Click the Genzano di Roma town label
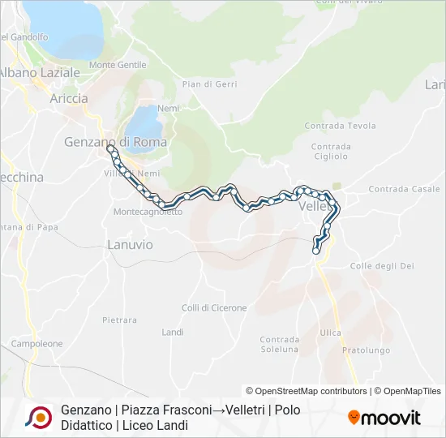(115, 142)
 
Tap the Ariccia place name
(69, 98)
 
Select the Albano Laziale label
(41, 72)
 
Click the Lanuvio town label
(130, 244)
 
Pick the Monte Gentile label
(118, 65)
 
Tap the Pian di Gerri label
(208, 84)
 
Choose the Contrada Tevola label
(340, 126)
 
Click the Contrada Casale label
(404, 189)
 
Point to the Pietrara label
(119, 320)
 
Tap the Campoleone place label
(36, 344)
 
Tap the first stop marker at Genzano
(110, 148)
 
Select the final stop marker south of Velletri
(316, 251)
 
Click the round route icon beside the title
(37, 417)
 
